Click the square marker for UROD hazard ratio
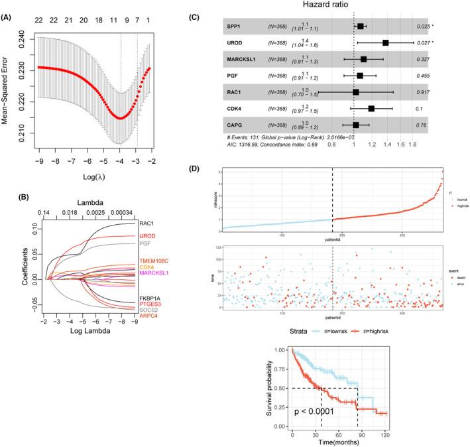point(386,42)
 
